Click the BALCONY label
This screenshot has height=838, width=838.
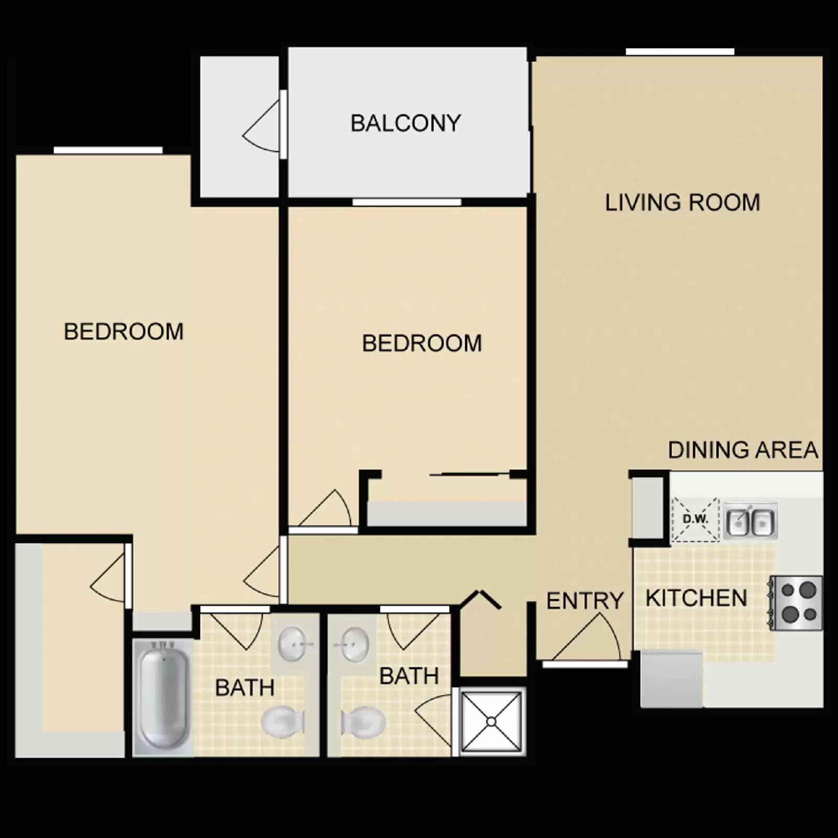coord(405,124)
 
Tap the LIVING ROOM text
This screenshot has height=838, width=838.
coord(682,203)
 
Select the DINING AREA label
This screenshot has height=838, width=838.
coord(743,450)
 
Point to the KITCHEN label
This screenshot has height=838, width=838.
coord(696,598)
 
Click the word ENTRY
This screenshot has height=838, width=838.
coord(585,601)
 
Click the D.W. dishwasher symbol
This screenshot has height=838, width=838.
coord(695,519)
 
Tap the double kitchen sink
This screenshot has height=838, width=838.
coord(750,522)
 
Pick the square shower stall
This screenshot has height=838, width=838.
coord(491,722)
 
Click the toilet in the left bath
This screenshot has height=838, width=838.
coord(282,722)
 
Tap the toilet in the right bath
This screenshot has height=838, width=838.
coord(362,723)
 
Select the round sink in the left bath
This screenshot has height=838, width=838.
coord(294,644)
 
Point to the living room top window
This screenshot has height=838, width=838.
coord(680,51)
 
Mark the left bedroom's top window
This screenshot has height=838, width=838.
coord(108,150)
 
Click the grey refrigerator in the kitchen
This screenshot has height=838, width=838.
coord(671,679)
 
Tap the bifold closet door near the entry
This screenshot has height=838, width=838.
coord(481,599)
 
